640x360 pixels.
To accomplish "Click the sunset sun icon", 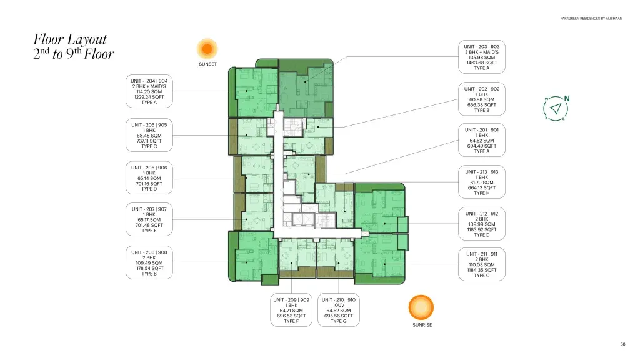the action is (207, 49).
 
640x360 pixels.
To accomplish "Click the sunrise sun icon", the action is (421, 307).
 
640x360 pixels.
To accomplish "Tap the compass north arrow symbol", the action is (556, 109).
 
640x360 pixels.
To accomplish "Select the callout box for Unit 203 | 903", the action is (482, 57).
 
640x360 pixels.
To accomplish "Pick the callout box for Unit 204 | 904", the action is (149, 91).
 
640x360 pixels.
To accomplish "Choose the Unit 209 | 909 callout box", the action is (291, 310).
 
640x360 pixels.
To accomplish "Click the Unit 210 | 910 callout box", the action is (339, 310).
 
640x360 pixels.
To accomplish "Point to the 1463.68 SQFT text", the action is (482, 63).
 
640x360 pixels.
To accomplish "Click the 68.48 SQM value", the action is (149, 136).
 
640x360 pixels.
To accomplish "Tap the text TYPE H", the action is (482, 193).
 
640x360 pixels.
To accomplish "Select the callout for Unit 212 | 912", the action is (482, 224).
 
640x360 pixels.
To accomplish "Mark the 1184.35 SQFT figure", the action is (482, 270).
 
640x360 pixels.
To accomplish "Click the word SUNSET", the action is (207, 64).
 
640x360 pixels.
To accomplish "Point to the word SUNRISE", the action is (422, 325).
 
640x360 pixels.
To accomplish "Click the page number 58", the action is (622, 344).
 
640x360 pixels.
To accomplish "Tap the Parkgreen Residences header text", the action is (591, 19).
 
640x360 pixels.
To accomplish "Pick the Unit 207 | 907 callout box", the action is (149, 219).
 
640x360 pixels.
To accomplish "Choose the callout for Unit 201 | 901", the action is (482, 141).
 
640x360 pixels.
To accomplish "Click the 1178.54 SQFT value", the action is (149, 269).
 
